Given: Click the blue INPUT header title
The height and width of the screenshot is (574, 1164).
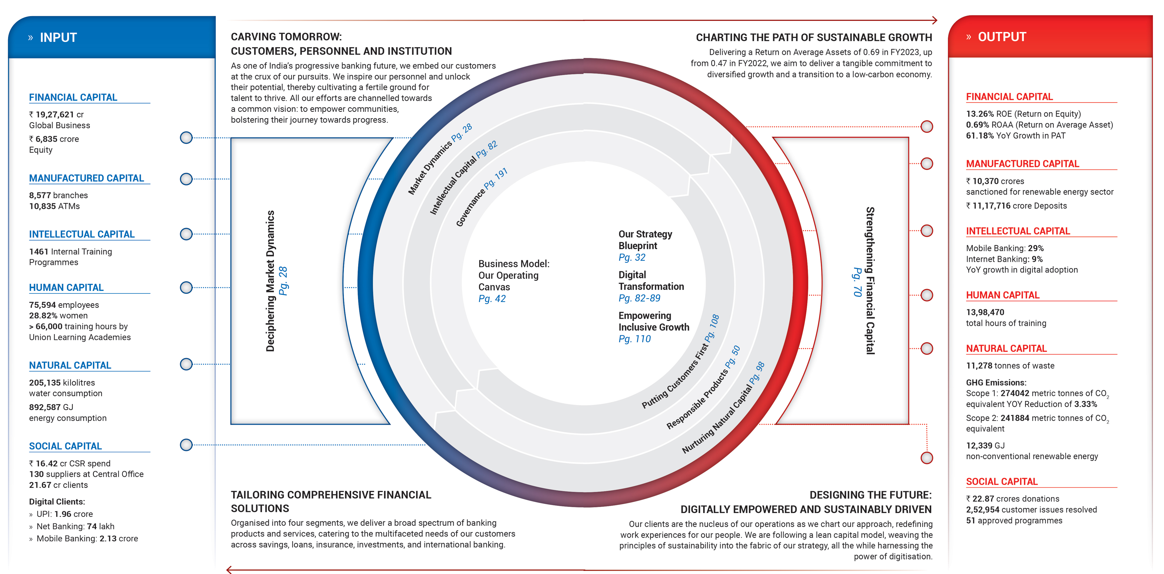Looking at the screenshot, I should (x=58, y=38).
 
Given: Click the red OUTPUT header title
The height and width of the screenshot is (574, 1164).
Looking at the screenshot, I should (x=1002, y=37).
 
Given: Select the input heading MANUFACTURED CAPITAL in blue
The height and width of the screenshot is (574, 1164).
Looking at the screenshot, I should (x=86, y=178).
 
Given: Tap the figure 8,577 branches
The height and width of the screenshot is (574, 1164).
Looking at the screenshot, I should (x=58, y=195).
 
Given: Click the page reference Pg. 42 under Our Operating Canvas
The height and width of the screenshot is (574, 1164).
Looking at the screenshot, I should (x=492, y=298).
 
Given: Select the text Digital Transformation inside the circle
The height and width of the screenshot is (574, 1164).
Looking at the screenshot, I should (x=651, y=281).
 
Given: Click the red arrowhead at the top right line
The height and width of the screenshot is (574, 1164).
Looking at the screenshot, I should (x=934, y=20).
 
